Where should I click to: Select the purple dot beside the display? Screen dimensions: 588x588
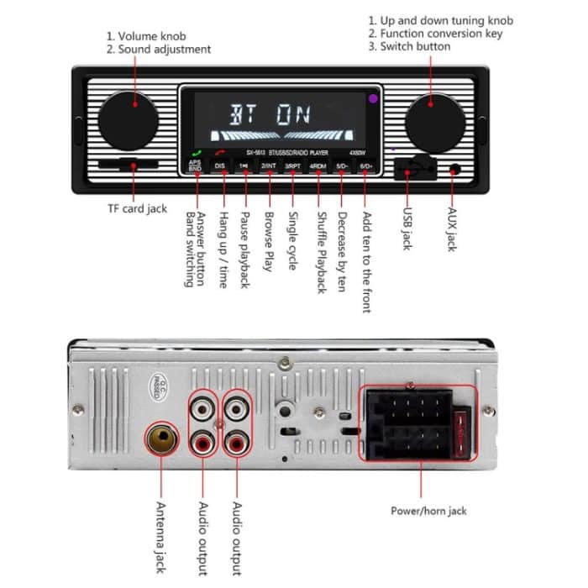[x=372, y=99]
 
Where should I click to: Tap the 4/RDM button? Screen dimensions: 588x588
[x=318, y=166]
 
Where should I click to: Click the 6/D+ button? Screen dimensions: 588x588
[x=366, y=166]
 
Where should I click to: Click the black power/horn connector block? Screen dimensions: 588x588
[x=408, y=424]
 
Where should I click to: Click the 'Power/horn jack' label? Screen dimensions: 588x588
[x=428, y=511]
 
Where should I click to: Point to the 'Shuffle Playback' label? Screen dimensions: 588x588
[x=320, y=251]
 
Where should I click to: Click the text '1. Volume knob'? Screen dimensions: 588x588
[x=146, y=36]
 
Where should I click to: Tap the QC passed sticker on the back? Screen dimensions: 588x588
[x=160, y=387]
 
